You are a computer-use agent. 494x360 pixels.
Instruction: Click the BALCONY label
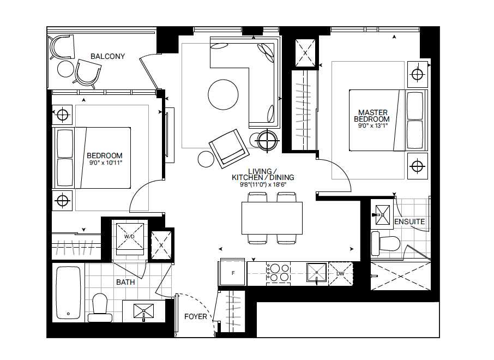coord(108,56)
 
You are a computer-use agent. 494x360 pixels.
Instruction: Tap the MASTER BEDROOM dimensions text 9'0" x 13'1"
coord(373,126)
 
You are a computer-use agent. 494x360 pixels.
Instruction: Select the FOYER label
coord(196,316)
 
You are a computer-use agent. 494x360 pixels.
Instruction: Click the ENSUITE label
coord(409,221)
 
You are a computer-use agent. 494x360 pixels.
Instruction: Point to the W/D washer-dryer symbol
coord(129,236)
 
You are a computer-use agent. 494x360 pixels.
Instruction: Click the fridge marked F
coord(233,273)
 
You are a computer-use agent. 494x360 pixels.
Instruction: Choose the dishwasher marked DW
coord(341,274)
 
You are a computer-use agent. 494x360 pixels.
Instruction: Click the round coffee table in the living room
coord(223,94)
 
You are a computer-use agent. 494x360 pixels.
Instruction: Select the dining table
coord(272,218)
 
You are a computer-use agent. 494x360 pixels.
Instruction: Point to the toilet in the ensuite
coord(386,243)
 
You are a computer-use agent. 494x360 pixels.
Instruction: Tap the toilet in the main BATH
coord(100,308)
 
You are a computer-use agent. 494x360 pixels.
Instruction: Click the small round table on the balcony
coord(65,69)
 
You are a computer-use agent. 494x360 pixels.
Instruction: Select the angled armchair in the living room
coord(229,148)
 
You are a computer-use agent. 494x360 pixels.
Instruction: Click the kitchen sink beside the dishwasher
coord(317,273)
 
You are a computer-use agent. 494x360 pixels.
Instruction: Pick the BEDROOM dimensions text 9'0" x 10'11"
coord(106,163)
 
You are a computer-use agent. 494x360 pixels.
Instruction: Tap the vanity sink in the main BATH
coord(143,311)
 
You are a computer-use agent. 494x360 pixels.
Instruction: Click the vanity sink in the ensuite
coord(382,215)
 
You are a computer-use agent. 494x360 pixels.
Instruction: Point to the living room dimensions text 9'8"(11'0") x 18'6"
coord(263,185)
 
